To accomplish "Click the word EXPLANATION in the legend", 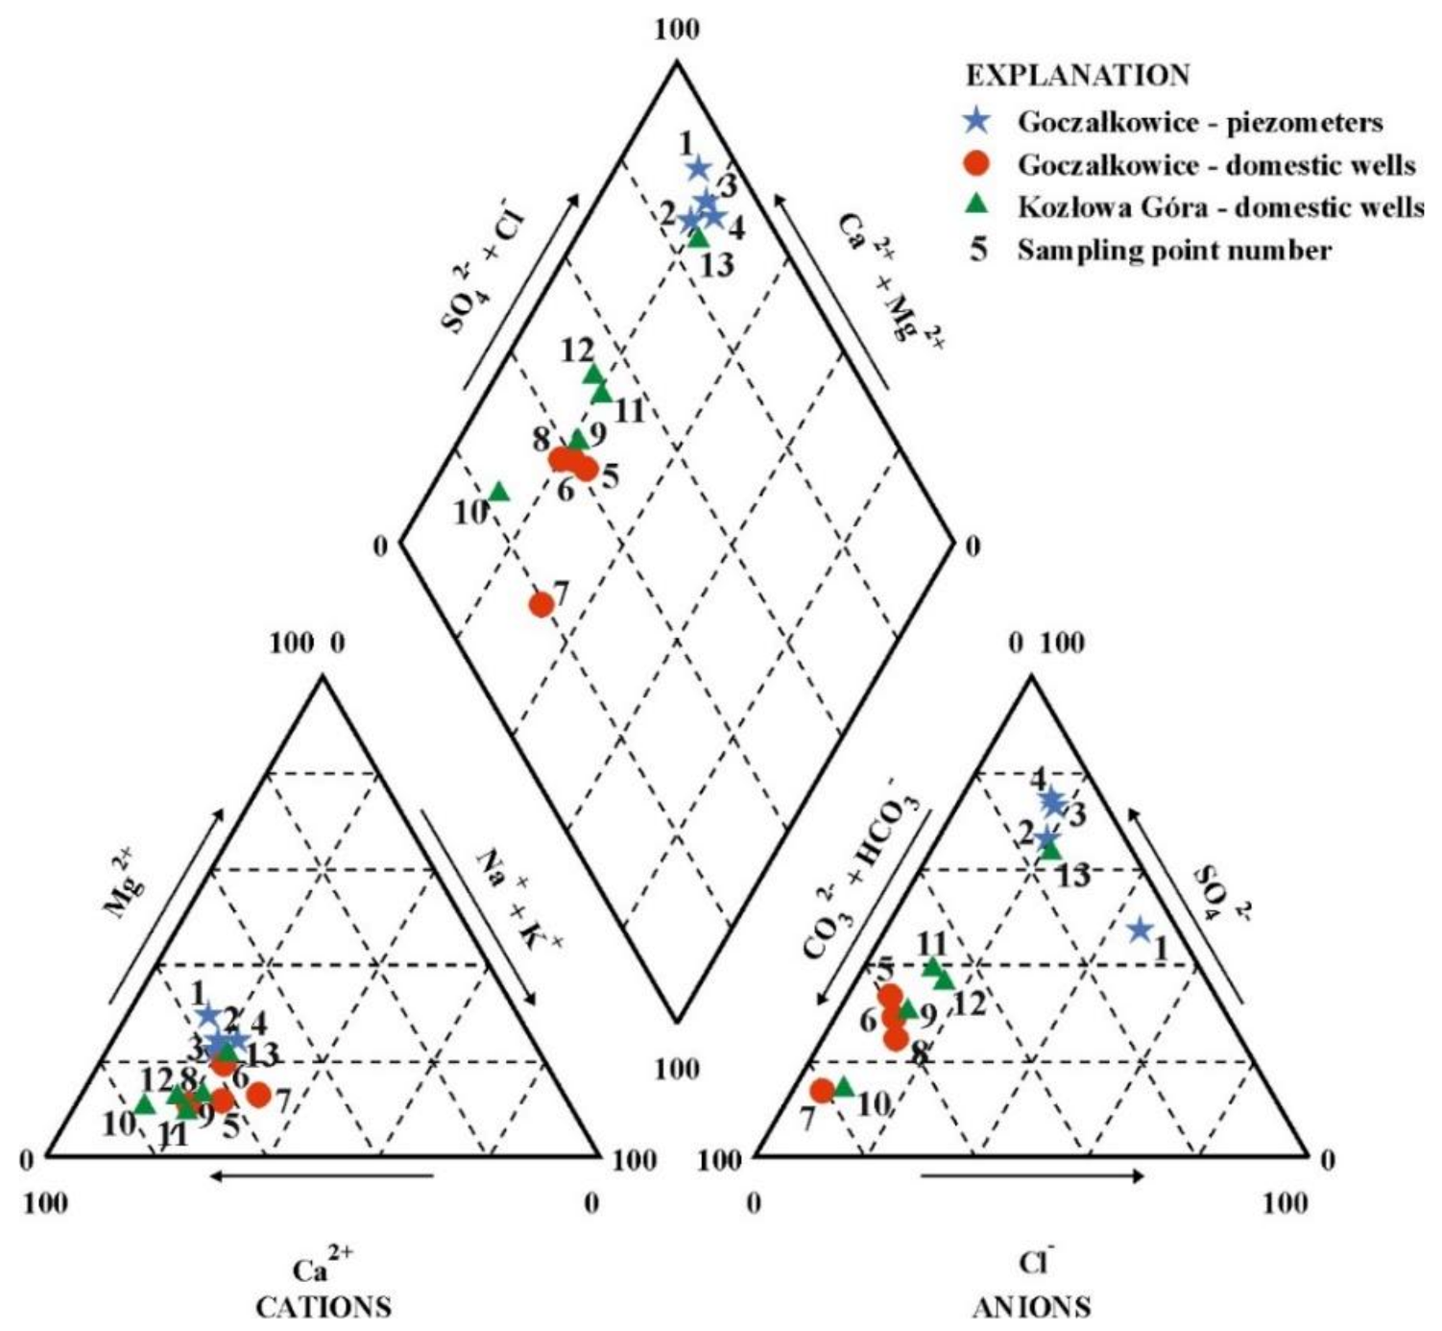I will (x=1077, y=75).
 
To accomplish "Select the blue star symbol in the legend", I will (x=977, y=120).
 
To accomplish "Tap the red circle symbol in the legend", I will (x=977, y=164).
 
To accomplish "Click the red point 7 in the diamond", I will (x=541, y=604).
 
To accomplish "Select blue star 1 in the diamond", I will (x=699, y=168).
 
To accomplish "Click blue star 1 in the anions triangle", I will (x=1140, y=930).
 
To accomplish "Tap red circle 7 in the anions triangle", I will (x=822, y=1090).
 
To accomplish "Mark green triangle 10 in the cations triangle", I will (x=144, y=1104).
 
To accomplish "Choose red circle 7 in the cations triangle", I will (x=258, y=1094).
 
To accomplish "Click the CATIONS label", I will (x=324, y=1307).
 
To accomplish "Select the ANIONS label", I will (x=1031, y=1307).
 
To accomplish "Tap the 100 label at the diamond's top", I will (x=677, y=29).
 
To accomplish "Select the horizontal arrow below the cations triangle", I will (x=322, y=1174).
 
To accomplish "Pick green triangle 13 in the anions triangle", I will (x=1051, y=849).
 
